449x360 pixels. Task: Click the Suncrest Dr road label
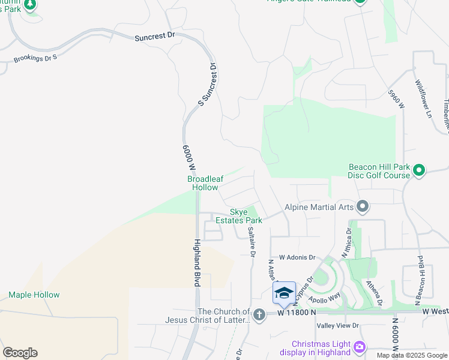(155, 36)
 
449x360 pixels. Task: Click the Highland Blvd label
(196, 262)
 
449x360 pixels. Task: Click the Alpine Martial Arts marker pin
(362, 206)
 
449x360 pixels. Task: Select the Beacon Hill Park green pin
(420, 171)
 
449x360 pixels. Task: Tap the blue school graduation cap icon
(284, 292)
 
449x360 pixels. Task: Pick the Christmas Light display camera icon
(359, 346)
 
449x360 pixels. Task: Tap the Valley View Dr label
(337, 325)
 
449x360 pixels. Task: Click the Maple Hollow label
(34, 295)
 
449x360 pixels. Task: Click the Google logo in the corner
(20, 353)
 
